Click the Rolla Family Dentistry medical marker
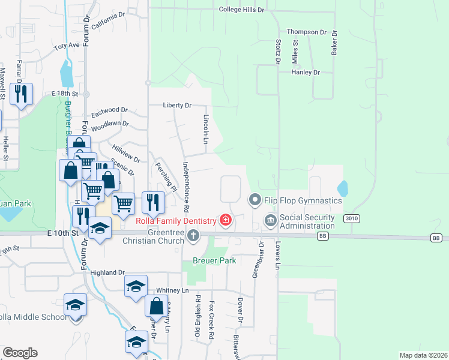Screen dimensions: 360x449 [x=226, y=220]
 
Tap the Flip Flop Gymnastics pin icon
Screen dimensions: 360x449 [x=255, y=199]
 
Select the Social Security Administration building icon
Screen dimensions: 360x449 [x=270, y=221]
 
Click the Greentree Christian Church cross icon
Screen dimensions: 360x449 [x=193, y=236]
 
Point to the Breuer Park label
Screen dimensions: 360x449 [x=214, y=260]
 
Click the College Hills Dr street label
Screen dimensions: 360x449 [x=241, y=10]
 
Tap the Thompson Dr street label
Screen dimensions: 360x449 [x=306, y=32]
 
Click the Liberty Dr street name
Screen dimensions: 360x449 [x=177, y=106]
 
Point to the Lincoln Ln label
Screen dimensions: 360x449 [x=205, y=129]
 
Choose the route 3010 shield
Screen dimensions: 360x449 [x=352, y=219]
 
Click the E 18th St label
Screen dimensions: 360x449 [x=65, y=94]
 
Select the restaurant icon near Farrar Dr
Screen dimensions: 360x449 [x=21, y=94]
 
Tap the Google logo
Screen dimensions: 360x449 [x=20, y=353]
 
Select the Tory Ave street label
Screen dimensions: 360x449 [x=66, y=46]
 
